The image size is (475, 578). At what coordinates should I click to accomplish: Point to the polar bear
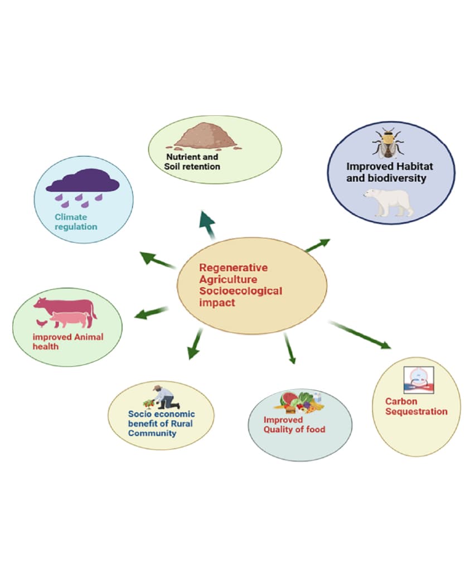pyautogui.click(x=389, y=202)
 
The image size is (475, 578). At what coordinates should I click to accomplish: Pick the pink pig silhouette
pyautogui.click(x=71, y=319)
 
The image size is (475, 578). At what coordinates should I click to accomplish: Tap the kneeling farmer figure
pyautogui.click(x=166, y=397)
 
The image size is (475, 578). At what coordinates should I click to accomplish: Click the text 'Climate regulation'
pyautogui.click(x=76, y=222)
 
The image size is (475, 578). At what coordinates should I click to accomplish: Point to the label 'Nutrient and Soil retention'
pyautogui.click(x=192, y=162)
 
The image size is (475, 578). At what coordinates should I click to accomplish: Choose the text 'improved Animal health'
pyautogui.click(x=67, y=342)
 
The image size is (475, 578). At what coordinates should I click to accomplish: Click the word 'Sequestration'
pyautogui.click(x=416, y=411)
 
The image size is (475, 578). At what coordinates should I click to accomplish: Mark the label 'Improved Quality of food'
pyautogui.click(x=294, y=424)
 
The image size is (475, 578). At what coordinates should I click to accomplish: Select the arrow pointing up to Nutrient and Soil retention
pyautogui.click(x=207, y=225)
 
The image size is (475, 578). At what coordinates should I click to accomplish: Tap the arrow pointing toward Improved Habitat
pyautogui.click(x=318, y=245)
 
